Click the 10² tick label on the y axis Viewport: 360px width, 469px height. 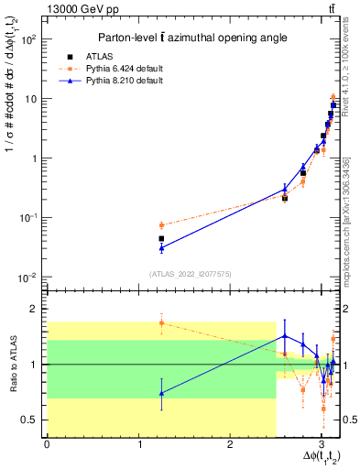coord(30,39)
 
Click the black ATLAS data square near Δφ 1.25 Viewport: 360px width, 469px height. coord(161,238)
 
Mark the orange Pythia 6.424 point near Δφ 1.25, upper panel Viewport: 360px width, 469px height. coord(161,224)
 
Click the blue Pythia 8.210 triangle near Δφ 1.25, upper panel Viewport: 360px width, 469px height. coord(161,247)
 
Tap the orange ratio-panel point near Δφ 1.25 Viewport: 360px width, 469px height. coord(161,322)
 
